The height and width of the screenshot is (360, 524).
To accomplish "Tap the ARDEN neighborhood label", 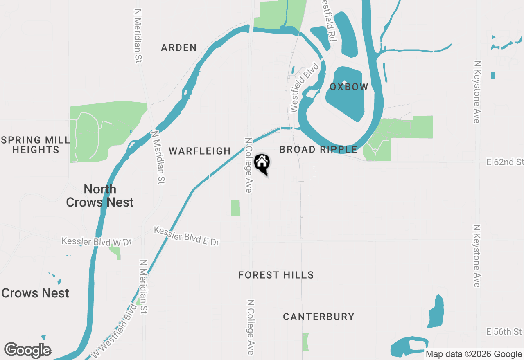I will (x=179, y=48).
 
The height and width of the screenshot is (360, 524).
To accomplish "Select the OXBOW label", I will (x=349, y=87).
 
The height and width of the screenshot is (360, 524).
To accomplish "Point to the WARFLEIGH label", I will (x=200, y=151).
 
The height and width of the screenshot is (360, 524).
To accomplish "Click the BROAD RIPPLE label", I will (x=318, y=150).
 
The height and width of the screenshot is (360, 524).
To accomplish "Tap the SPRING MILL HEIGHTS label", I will (x=36, y=145).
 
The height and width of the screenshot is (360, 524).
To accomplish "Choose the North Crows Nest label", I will (x=100, y=196).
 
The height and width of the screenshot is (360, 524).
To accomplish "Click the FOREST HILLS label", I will (x=276, y=275).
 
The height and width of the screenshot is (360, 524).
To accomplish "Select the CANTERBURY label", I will (x=318, y=317).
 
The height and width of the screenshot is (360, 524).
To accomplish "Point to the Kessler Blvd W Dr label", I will (x=97, y=241).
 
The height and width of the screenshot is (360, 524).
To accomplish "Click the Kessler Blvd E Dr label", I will (x=187, y=236).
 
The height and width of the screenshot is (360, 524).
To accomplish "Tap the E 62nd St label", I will (x=505, y=162).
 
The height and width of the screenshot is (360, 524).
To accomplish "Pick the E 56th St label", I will (x=504, y=331).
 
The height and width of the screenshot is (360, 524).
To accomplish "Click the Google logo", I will (x=27, y=351).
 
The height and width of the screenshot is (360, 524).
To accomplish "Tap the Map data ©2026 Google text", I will (x=474, y=354).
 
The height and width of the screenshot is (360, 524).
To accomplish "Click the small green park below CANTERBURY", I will (x=305, y=342).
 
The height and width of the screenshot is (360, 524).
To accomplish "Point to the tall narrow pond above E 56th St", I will (x=436, y=311).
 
